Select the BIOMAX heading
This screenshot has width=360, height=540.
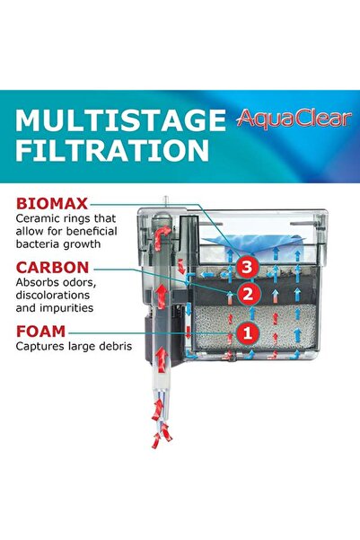click(x=51, y=204)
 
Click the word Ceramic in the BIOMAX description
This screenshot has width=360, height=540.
click(x=40, y=218)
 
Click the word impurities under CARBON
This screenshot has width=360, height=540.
click(x=74, y=308)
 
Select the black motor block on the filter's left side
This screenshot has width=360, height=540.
click(x=178, y=310)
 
